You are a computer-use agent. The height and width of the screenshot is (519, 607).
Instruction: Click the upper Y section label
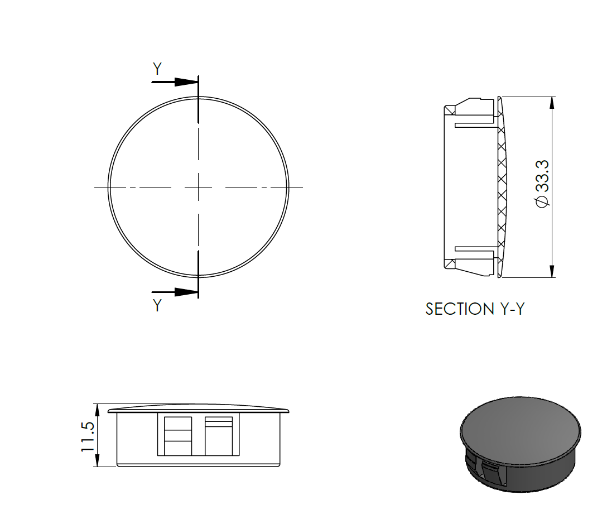157,69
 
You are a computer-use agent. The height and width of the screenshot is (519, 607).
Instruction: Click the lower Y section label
157,305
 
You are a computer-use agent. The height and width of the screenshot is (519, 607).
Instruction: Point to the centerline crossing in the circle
199,186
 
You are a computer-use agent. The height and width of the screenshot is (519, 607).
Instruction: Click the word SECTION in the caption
457,309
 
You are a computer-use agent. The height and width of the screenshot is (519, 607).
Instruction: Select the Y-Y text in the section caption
509,309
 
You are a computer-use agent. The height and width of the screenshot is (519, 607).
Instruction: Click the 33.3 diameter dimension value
542,175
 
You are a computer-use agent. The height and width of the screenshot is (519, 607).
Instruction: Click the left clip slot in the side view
178,435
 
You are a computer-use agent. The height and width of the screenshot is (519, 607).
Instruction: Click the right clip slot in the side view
219,435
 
